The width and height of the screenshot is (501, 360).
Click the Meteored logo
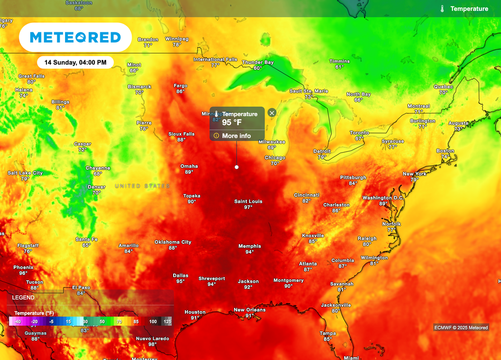pyautogui.click(x=75, y=37)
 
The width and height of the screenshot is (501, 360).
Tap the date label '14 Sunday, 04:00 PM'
pyautogui.click(x=75, y=63)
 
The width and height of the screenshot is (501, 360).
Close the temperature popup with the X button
pyautogui.click(x=272, y=112)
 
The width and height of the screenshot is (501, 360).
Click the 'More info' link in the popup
pyautogui.click(x=236, y=136)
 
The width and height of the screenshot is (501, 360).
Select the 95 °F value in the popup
pyautogui.click(x=232, y=122)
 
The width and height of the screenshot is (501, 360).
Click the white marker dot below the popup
pyautogui.click(x=237, y=167)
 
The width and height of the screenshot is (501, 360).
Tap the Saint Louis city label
pyautogui.click(x=248, y=202)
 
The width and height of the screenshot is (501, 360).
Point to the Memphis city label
pyautogui.click(x=250, y=246)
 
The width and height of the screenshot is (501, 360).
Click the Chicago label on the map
pyautogui.click(x=275, y=157)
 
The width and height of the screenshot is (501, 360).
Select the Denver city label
pyautogui.click(x=96, y=187)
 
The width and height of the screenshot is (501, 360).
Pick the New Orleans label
pyautogui.click(x=250, y=310)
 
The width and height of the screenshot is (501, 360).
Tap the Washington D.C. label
pyautogui.click(x=383, y=198)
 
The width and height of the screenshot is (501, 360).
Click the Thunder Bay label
pyautogui.click(x=258, y=63)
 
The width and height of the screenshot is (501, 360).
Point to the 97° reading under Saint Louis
pyautogui.click(x=248, y=207)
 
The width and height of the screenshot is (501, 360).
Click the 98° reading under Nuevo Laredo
pyautogui.click(x=153, y=344)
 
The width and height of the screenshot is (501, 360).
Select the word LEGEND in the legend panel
pyautogui.click(x=23, y=297)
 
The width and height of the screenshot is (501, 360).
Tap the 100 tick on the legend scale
pyautogui.click(x=153, y=321)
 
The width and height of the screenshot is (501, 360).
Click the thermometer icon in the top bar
pyautogui.click(x=442, y=9)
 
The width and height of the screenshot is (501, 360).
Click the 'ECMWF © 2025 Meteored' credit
pyautogui.click(x=461, y=328)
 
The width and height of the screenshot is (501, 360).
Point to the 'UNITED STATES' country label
pyautogui.click(x=142, y=186)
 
